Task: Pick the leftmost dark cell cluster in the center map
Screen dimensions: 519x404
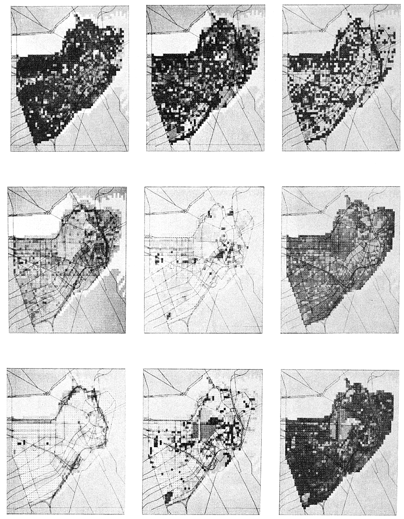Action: [158, 259]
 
